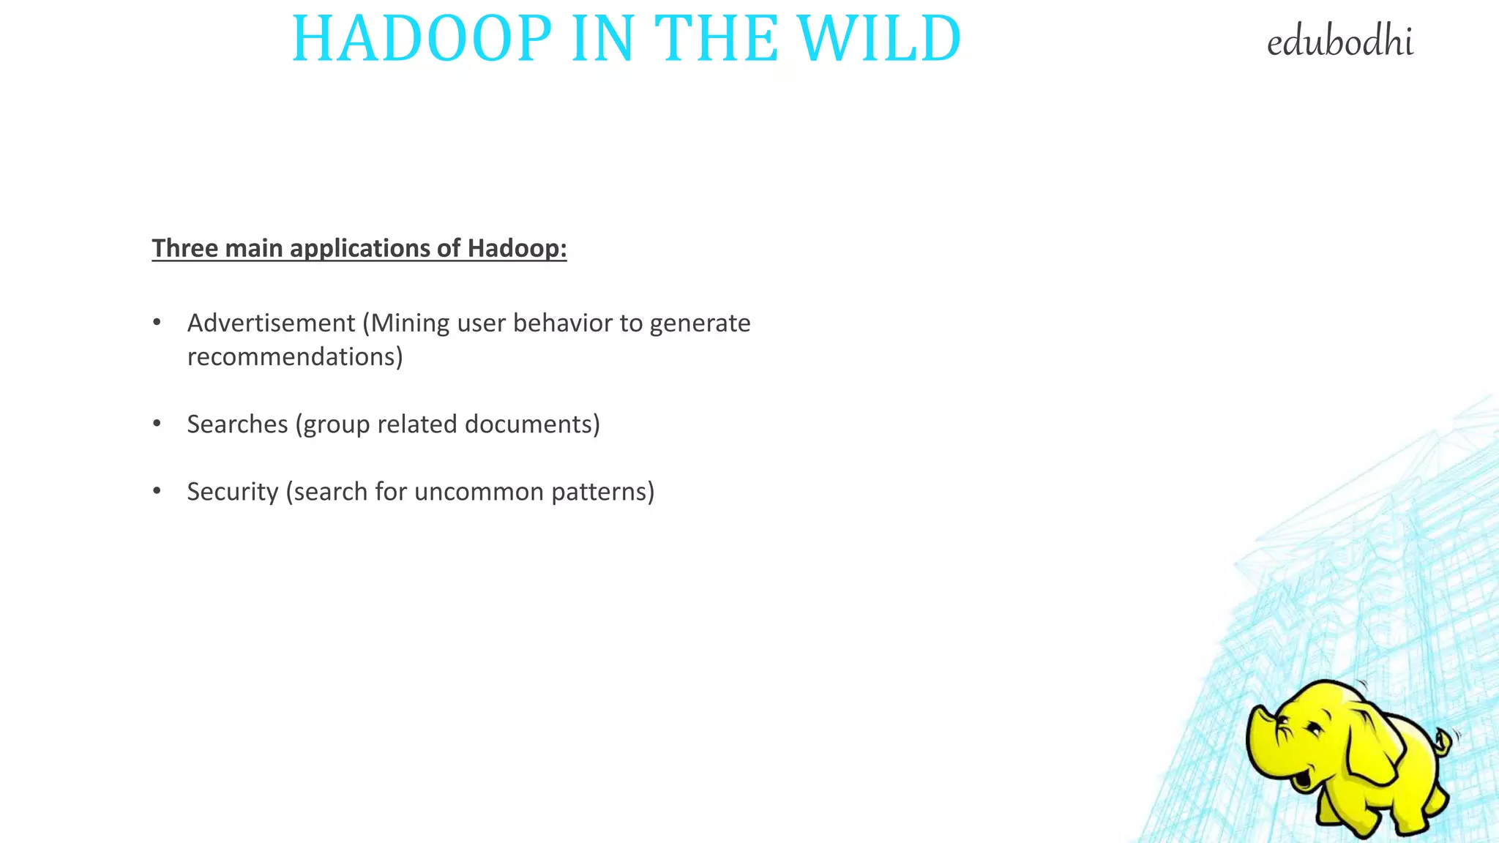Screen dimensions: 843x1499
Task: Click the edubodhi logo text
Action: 1339,42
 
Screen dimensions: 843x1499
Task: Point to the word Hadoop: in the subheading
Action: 517,248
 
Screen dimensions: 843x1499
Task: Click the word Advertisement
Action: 271,323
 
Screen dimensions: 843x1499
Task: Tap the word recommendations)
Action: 295,356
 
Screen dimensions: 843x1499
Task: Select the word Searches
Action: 237,424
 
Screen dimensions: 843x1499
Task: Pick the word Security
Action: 232,492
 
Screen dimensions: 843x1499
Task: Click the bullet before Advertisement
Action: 157,323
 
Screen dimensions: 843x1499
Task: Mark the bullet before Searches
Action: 157,424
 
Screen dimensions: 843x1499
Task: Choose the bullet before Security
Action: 157,491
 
